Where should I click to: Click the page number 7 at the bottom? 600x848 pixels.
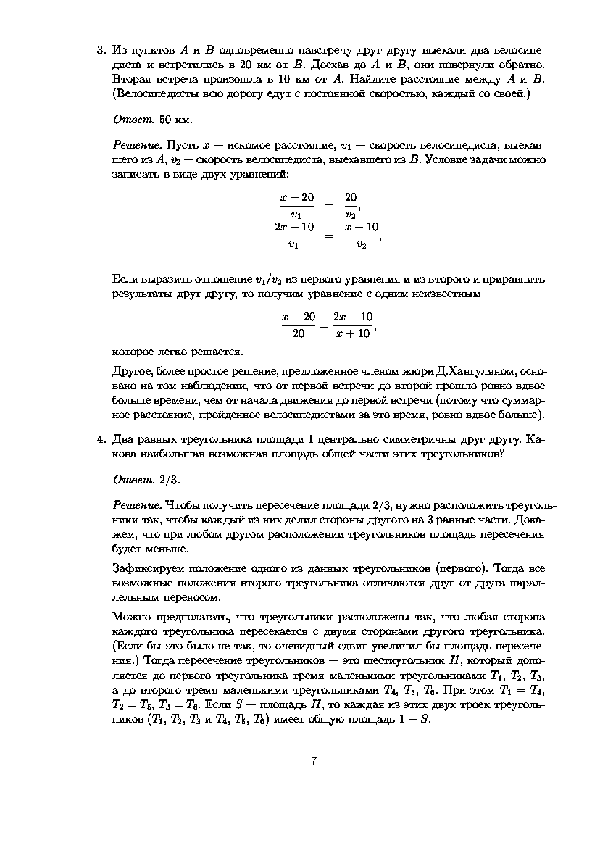click(x=314, y=761)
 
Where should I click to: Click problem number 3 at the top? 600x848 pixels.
click(x=101, y=51)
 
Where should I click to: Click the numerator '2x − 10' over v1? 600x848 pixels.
click(x=295, y=228)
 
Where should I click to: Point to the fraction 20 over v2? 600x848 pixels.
click(x=351, y=205)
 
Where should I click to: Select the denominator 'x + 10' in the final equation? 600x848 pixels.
click(x=354, y=333)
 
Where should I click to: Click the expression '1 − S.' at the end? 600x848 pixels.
click(x=417, y=720)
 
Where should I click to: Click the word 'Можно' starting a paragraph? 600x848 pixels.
click(x=131, y=617)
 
